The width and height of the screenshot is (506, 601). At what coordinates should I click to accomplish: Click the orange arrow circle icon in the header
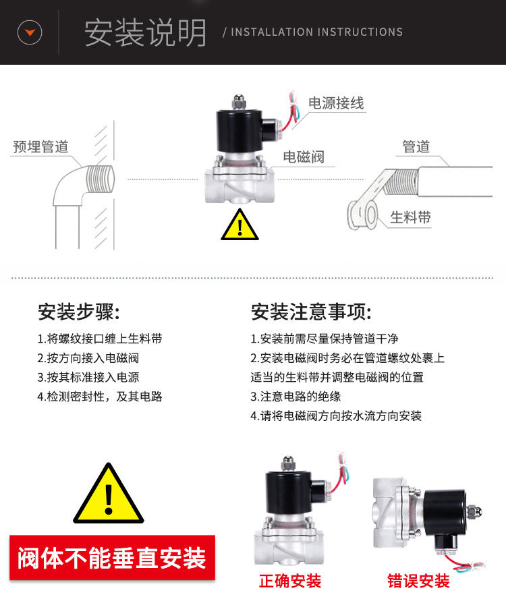click(x=30, y=32)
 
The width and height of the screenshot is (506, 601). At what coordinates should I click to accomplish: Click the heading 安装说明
click(x=145, y=33)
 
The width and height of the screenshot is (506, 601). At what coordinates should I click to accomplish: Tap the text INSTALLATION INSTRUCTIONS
click(x=316, y=32)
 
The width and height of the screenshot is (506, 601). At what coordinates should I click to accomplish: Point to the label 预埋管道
click(x=40, y=147)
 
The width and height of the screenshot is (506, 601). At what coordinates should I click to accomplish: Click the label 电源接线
click(x=336, y=103)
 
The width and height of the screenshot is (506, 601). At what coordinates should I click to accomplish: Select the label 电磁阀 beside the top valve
click(x=304, y=156)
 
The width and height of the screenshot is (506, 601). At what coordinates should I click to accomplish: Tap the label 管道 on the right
click(x=416, y=146)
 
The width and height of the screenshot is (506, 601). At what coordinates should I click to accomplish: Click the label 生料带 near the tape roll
click(x=411, y=217)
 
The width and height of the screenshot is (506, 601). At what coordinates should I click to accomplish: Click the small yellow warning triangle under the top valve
click(x=240, y=225)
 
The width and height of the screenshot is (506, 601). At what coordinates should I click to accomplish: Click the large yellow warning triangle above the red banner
click(x=109, y=494)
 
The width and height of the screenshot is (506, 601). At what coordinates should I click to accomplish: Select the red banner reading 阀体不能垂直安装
click(x=112, y=558)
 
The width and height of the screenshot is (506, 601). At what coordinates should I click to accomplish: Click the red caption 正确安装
click(x=290, y=581)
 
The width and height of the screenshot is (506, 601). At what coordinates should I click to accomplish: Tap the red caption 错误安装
click(x=418, y=581)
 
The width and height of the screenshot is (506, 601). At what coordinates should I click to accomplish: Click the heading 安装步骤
click(x=78, y=312)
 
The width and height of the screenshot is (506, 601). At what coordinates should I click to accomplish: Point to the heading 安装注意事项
click(x=311, y=312)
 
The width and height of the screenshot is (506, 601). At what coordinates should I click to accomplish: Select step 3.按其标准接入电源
click(x=88, y=377)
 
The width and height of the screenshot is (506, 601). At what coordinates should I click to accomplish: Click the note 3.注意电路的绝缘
click(x=296, y=397)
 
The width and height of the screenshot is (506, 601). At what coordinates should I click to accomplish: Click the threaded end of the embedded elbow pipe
click(x=101, y=179)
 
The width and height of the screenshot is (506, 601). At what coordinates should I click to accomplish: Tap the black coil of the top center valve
click(x=240, y=131)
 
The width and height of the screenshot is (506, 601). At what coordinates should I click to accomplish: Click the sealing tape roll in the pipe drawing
click(x=363, y=214)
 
